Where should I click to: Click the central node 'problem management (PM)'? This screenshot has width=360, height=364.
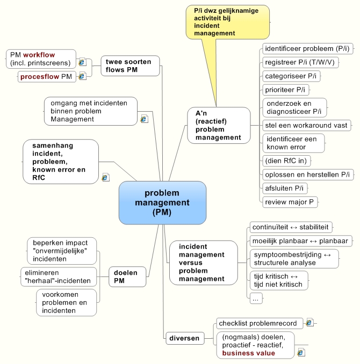tap(162, 202)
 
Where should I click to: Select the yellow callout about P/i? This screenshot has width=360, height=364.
tap(227, 22)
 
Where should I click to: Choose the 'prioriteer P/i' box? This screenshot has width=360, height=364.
tap(285, 90)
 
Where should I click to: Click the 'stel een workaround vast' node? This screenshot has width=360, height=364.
tap(307, 125)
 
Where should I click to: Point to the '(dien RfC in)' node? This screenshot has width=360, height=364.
tap(286, 161)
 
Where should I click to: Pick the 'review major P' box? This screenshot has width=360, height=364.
tap(290, 202)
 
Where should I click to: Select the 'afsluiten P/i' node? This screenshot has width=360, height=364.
tap(285, 188)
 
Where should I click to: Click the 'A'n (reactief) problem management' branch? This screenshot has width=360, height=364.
tap(219, 126)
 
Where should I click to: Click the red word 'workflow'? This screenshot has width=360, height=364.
tap(39, 55)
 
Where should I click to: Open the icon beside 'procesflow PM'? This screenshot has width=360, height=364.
tap(82, 77)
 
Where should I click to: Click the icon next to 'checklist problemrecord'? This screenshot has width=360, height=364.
tap(309, 323)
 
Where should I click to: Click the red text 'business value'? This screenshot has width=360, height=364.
tap(249, 353)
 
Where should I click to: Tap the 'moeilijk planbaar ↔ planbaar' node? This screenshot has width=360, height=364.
tap(301, 241)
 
